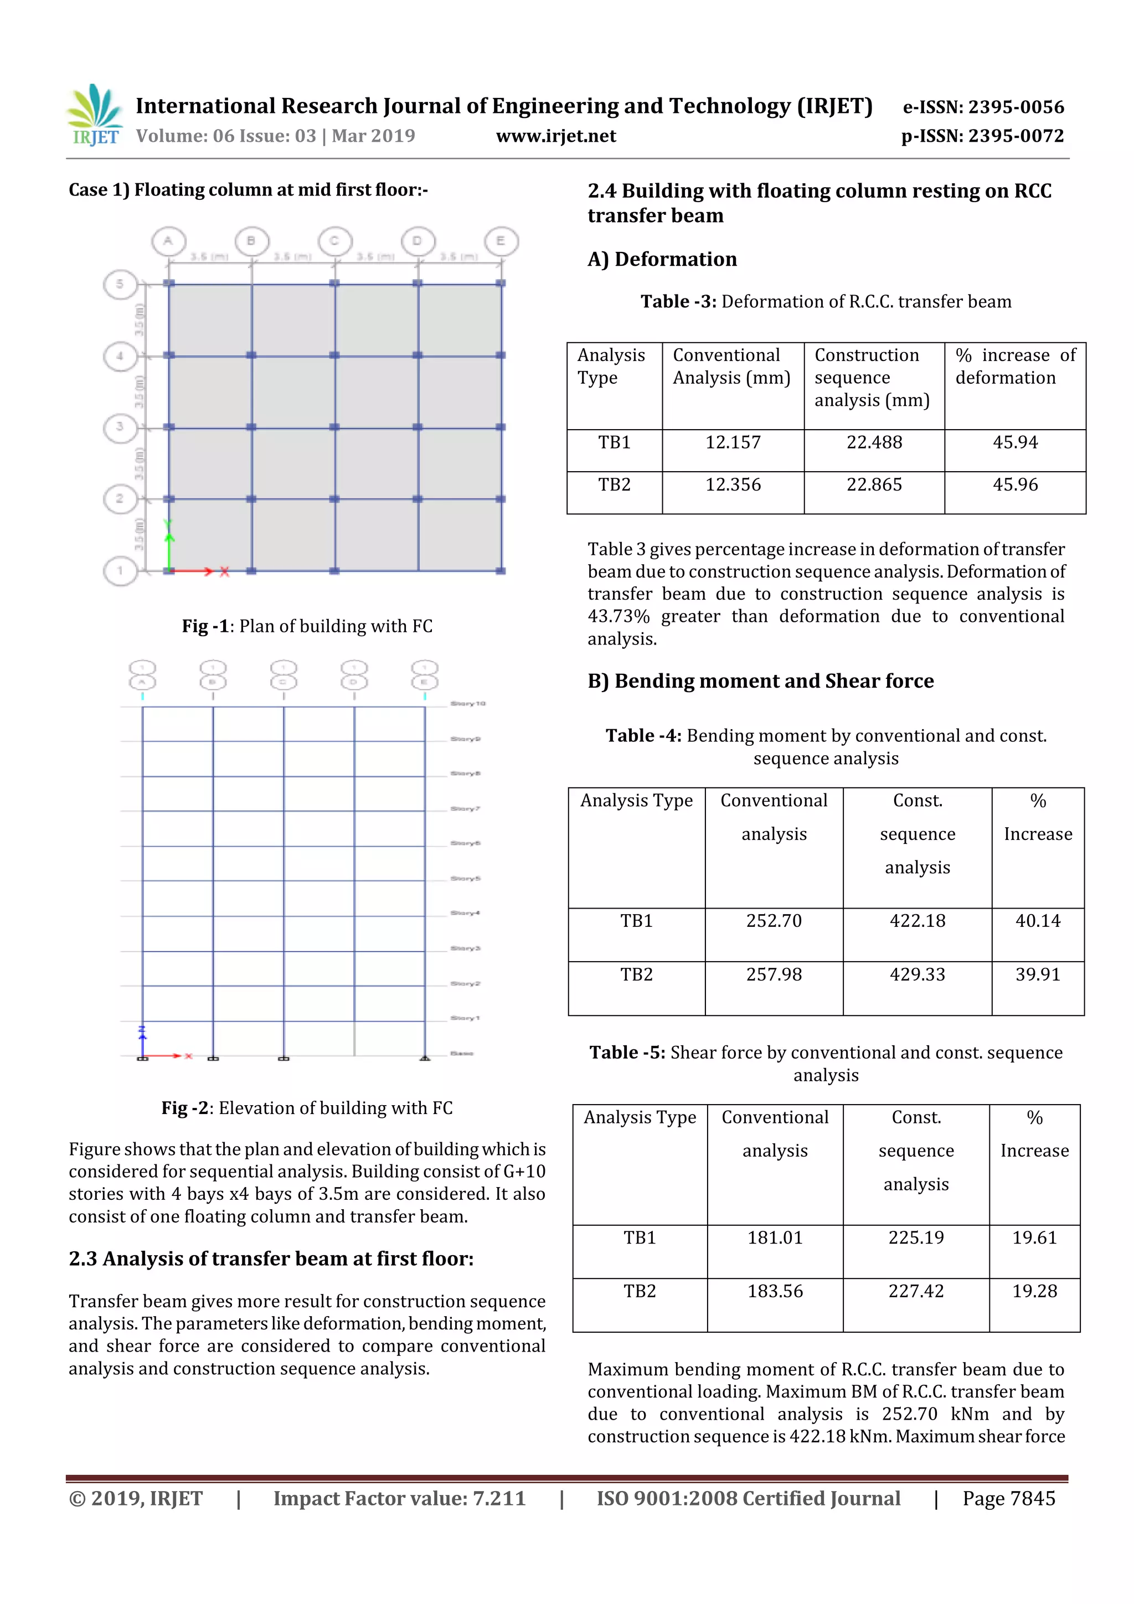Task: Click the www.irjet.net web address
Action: tap(555, 136)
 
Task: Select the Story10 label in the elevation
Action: tap(467, 704)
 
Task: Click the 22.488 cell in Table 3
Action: tap(874, 442)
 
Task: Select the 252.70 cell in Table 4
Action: tap(774, 921)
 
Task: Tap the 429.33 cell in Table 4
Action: tap(917, 974)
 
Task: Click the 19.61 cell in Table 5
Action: tap(1034, 1237)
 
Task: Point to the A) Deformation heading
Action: tap(662, 259)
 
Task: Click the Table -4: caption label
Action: tap(643, 736)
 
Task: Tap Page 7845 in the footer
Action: tap(1008, 1498)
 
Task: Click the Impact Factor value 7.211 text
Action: tap(399, 1498)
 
